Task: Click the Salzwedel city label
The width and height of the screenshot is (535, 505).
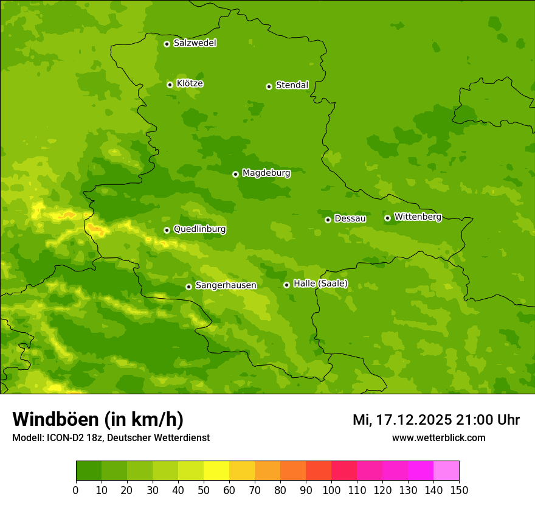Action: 195,43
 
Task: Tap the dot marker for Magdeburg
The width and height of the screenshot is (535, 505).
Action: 235,174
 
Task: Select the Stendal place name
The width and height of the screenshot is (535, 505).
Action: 292,85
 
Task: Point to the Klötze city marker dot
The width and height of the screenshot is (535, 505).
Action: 170,85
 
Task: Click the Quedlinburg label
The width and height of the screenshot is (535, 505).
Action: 199,229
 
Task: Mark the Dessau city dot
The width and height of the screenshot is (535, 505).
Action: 328,220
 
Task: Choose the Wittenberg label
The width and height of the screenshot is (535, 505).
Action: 418,217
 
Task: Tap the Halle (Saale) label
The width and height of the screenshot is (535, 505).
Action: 320,284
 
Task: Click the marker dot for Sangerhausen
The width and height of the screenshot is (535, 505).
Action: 188,287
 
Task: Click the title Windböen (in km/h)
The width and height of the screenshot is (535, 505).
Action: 98,419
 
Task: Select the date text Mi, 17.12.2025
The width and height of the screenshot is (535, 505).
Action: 401,420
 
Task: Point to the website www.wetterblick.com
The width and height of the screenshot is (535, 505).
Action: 438,437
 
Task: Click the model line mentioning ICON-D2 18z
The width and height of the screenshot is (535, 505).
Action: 111,437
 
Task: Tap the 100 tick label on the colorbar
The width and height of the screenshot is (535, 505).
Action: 331,490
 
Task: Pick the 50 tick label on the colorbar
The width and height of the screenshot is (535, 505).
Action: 204,490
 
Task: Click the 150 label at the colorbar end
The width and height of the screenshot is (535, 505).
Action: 459,490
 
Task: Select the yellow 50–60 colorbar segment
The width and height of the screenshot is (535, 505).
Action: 216,471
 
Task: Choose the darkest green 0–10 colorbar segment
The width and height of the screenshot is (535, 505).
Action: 89,471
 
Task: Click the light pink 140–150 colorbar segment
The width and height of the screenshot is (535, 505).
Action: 446,471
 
